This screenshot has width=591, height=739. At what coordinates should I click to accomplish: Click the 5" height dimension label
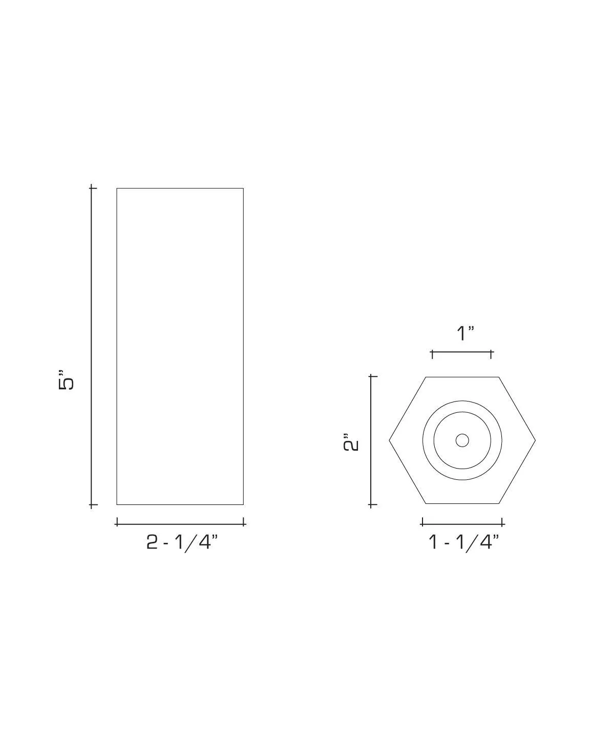[x=67, y=379]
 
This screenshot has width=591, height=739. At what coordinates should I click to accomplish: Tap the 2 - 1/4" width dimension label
[x=182, y=542]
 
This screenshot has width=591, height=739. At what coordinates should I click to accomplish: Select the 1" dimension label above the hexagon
[x=465, y=333]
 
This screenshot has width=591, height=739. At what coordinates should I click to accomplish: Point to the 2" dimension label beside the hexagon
[x=351, y=442]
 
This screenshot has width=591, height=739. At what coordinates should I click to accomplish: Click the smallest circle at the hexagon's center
[x=462, y=440]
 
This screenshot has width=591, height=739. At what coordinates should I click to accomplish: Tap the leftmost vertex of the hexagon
[x=389, y=440]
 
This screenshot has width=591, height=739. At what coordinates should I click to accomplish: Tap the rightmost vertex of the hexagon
[x=536, y=440]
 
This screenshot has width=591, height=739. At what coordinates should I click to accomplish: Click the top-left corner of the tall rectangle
[x=117, y=188]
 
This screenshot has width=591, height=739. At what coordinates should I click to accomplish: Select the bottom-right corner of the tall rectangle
[x=243, y=504]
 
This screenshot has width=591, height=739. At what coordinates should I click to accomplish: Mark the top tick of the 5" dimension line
[x=92, y=188]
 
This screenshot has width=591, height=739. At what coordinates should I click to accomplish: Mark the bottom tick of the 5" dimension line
[x=92, y=505]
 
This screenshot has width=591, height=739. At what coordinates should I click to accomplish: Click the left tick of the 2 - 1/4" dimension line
[x=117, y=522]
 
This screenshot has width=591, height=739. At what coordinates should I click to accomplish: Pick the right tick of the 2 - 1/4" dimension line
[x=243, y=522]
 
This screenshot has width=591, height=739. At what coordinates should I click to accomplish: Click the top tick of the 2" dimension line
[x=372, y=376]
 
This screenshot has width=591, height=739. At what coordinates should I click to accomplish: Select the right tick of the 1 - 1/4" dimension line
[x=502, y=522]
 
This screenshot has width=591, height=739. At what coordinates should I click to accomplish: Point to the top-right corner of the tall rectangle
[x=243, y=188]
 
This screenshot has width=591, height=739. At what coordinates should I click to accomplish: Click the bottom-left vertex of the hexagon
[x=426, y=503]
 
